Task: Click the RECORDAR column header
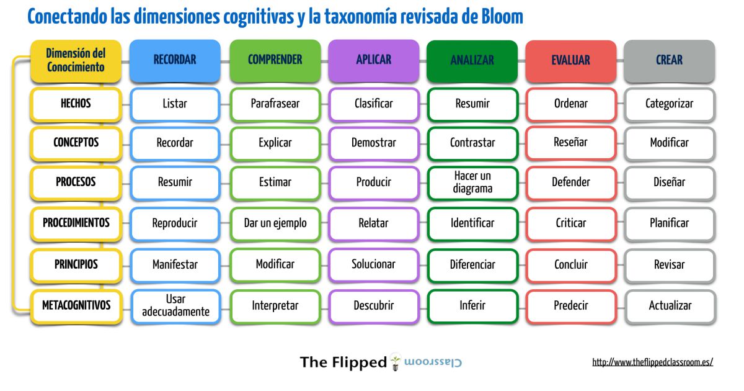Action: (175, 60)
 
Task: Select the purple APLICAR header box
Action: (373, 60)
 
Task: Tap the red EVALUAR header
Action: (570, 60)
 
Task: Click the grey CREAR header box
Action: (669, 60)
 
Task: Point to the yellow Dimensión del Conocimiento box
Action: (76, 60)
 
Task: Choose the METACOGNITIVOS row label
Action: (76, 305)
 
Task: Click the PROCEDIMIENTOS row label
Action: (76, 223)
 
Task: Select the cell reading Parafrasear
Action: (275, 104)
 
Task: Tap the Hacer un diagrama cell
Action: (472, 182)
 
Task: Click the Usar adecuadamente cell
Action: (175, 305)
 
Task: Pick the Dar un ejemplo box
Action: (275, 223)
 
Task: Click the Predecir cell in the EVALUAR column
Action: (570, 305)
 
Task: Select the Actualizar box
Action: (670, 305)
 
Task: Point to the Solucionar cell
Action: (373, 264)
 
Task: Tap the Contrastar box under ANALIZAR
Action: (472, 143)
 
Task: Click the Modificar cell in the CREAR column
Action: (670, 143)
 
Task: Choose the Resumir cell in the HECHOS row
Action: (472, 104)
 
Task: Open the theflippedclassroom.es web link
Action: (652, 362)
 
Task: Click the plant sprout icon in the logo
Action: (395, 362)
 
